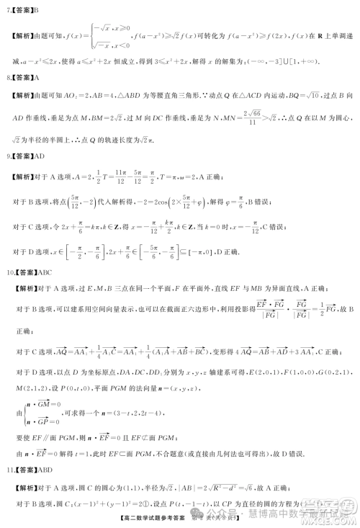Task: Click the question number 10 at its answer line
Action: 9,273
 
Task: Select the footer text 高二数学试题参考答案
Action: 149,516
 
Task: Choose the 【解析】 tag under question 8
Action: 22,95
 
